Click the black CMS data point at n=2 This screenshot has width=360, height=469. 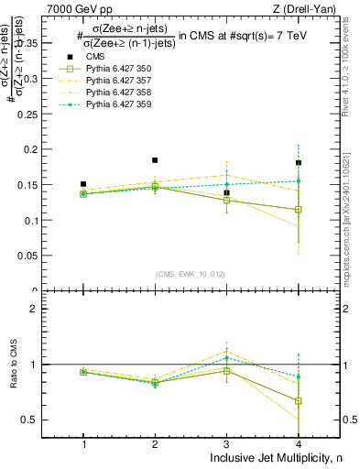point(155,160)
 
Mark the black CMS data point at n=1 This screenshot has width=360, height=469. point(83,184)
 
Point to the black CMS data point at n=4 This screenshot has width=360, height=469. point(298,163)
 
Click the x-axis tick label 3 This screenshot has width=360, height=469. point(226,444)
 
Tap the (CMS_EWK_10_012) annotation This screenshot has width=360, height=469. point(191,273)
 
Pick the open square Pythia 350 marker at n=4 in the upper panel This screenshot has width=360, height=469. point(298,210)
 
